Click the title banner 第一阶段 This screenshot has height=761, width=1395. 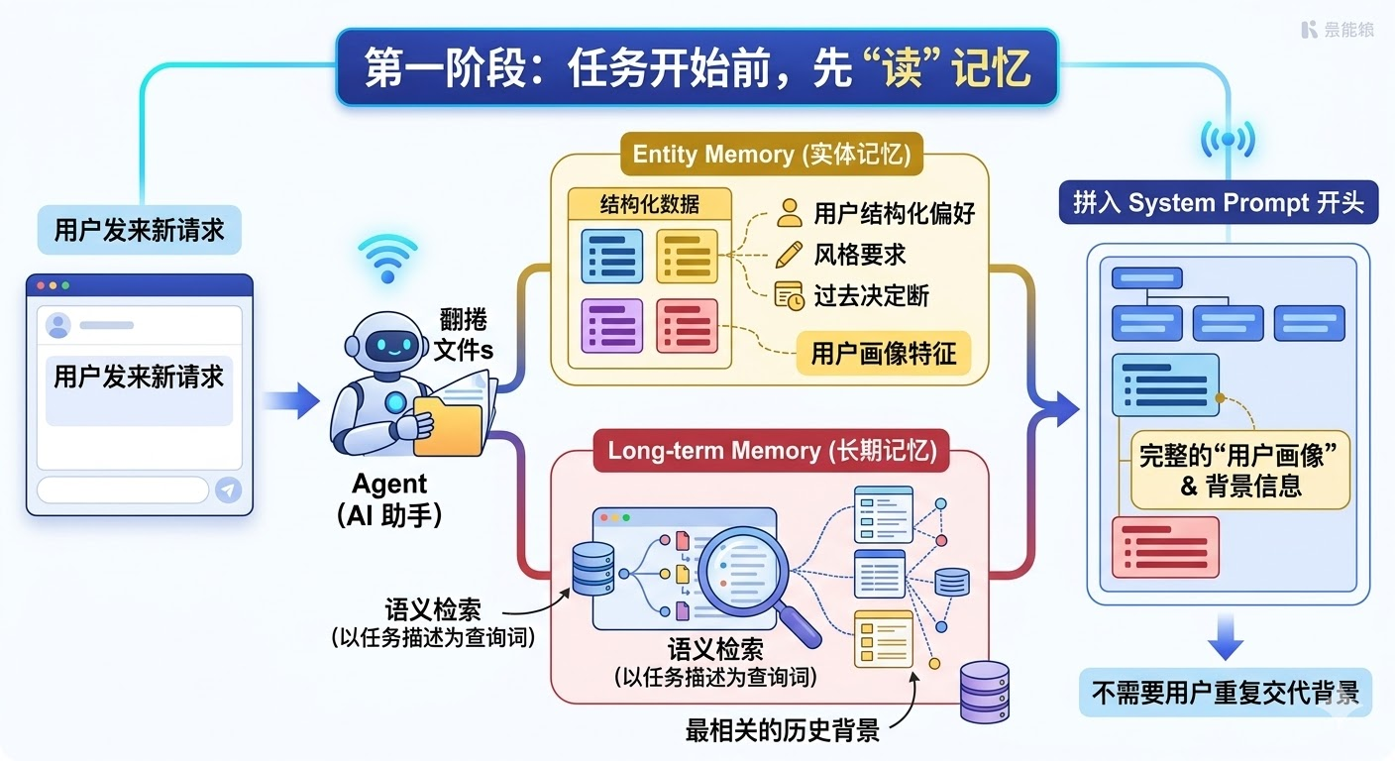coord(697,67)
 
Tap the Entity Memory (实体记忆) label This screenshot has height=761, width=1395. coord(771,155)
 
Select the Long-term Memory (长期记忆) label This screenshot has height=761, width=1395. coord(772,451)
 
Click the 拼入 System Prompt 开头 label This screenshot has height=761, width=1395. coord(1218,203)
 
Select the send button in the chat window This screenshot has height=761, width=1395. coord(228,489)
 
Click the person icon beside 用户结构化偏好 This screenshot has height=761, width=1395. coord(790,212)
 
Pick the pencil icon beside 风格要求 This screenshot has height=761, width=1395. coord(790,254)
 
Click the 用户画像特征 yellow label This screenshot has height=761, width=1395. coord(884,354)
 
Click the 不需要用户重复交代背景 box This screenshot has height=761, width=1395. coord(1225,693)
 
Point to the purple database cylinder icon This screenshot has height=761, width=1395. coord(984,691)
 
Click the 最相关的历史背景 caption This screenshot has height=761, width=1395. coord(782,731)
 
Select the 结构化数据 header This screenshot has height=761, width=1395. coord(650,205)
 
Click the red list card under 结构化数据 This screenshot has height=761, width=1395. coord(687,325)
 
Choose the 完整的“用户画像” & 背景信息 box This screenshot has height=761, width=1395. coord(1240,470)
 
